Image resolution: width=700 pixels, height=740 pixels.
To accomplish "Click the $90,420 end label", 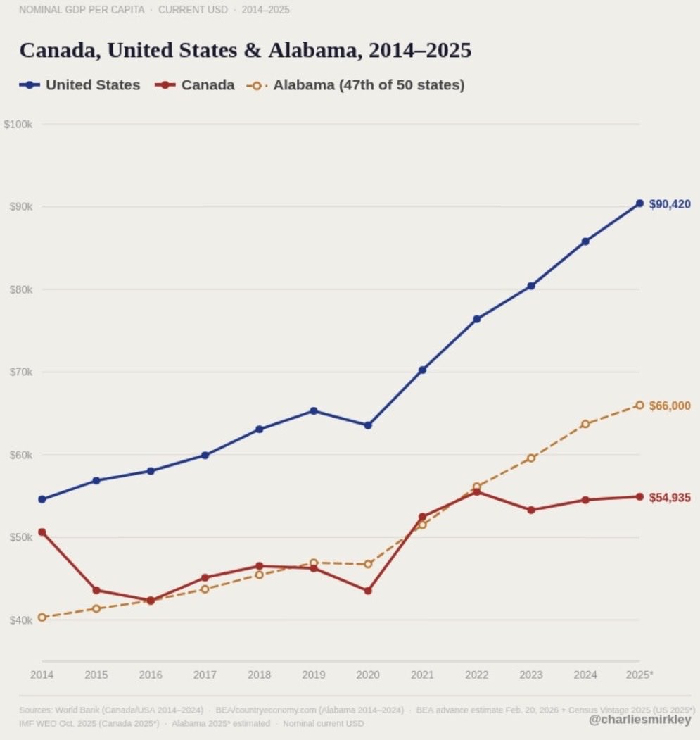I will [x=669, y=204].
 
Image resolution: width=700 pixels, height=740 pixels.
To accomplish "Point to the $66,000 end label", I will [x=669, y=406].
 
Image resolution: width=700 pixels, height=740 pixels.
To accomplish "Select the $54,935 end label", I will [x=669, y=498].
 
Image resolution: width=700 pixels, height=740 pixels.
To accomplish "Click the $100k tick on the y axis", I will [x=18, y=124].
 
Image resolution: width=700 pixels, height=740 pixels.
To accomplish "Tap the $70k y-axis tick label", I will [x=20, y=372].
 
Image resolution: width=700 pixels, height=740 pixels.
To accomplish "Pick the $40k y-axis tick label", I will [x=20, y=620].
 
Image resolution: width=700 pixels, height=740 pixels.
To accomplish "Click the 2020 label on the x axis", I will [x=368, y=675].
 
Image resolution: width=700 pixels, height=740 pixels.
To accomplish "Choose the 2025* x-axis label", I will [x=639, y=675].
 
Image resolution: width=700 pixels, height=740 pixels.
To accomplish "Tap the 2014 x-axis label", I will [x=42, y=675].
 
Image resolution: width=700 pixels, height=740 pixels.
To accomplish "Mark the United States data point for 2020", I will [x=368, y=425].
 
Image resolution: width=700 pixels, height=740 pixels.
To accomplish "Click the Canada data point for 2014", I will [x=42, y=532].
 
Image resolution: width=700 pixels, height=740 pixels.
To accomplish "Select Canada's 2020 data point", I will [x=368, y=591].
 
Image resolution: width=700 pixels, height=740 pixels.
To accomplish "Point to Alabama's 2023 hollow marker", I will [x=531, y=458].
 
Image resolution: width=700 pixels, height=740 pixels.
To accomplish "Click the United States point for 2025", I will [x=639, y=203].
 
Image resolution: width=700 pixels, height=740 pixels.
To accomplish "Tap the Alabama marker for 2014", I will [x=42, y=617].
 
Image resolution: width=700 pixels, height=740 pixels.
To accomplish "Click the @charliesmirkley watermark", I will [x=640, y=720].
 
